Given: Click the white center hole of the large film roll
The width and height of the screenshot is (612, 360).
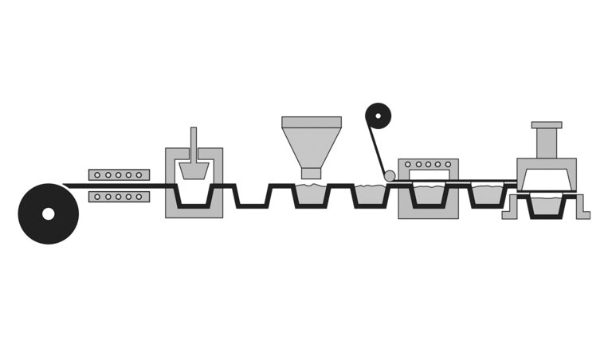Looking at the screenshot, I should click(x=49, y=213).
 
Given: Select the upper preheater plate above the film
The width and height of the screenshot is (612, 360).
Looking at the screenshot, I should click(x=119, y=174).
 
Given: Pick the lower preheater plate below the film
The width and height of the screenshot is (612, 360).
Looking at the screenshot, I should click(x=119, y=196).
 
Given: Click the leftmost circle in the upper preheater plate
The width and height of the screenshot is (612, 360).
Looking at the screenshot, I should click(x=97, y=174).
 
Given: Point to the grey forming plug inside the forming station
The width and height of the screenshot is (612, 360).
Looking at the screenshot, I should click(x=194, y=170).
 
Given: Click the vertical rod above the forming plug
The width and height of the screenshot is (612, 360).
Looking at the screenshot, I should click(x=194, y=143).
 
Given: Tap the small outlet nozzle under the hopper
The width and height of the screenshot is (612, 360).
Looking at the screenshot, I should click(x=311, y=173).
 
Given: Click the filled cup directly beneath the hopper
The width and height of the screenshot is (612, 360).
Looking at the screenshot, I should click(x=312, y=195).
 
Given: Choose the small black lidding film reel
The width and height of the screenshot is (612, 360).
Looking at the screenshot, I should click(x=379, y=117).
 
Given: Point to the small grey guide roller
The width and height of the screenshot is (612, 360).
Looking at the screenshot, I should click(x=390, y=175).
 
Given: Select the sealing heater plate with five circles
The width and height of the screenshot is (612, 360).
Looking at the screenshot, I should click(x=428, y=164).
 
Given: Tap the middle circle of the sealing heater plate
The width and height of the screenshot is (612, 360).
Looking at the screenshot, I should click(x=428, y=164).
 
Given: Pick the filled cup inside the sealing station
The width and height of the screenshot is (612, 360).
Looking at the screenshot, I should click(x=428, y=195).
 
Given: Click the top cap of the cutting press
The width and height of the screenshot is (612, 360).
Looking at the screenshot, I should click(x=547, y=125).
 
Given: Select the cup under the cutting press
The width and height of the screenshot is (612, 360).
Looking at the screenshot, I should click(x=547, y=205).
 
